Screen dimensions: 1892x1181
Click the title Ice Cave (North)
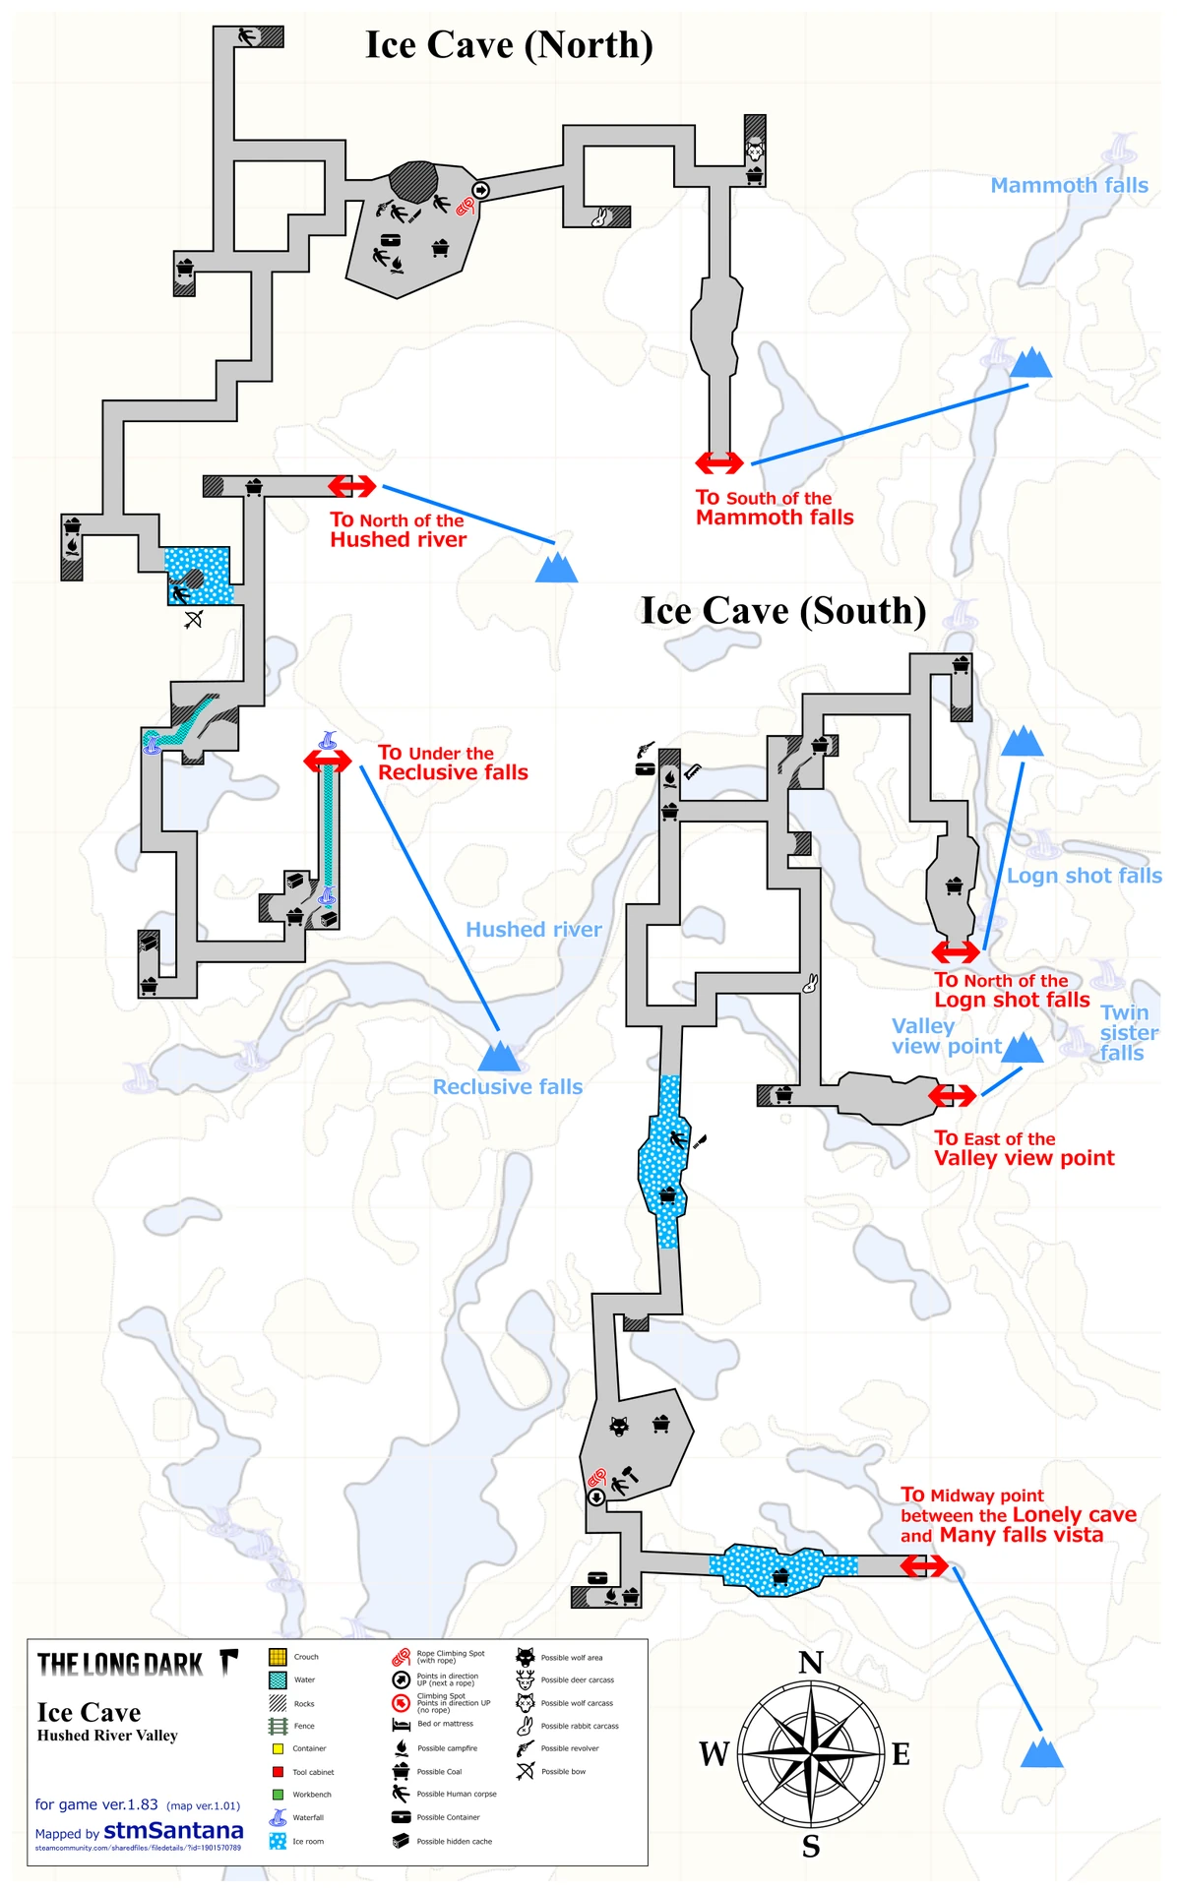tap(509, 45)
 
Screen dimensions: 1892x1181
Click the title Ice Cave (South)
tap(783, 611)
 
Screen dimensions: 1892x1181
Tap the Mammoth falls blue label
tap(1069, 185)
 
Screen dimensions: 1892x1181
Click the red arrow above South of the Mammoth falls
tap(719, 462)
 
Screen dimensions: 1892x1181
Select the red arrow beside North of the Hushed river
tap(351, 486)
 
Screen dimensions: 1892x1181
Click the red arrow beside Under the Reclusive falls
tap(328, 762)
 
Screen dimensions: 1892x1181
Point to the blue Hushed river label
tap(533, 930)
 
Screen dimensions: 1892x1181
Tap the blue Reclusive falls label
tap(508, 1087)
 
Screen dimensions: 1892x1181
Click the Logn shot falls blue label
tap(1084, 876)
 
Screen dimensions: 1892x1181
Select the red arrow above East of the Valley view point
tap(952, 1095)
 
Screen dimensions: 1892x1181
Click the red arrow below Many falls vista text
tap(924, 1565)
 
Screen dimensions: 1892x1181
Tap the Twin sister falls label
tap(1127, 1033)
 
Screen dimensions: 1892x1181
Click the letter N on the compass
tap(811, 1664)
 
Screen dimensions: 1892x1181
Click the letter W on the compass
tap(715, 1753)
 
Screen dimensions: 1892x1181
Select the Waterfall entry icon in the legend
tap(278, 1817)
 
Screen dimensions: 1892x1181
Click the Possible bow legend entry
tap(526, 1772)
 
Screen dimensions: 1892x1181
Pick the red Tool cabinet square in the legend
tap(278, 1772)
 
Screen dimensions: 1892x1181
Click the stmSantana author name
tap(173, 1830)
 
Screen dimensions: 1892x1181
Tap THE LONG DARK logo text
tap(120, 1665)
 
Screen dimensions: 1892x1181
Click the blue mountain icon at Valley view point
tap(1023, 1049)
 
